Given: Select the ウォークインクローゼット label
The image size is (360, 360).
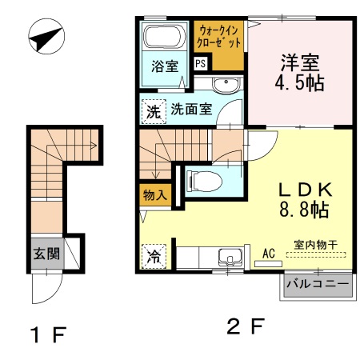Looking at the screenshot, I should (x=218, y=37).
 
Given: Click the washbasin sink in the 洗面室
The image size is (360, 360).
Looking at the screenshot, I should (x=226, y=86).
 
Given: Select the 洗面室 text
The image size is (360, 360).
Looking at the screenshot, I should (x=191, y=110).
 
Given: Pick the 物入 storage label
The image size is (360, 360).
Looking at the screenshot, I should (x=154, y=194).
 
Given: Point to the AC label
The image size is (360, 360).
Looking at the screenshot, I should (x=269, y=253).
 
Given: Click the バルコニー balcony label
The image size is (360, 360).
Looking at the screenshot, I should (x=318, y=284).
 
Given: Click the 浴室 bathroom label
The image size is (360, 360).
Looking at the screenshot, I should (x=166, y=66).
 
